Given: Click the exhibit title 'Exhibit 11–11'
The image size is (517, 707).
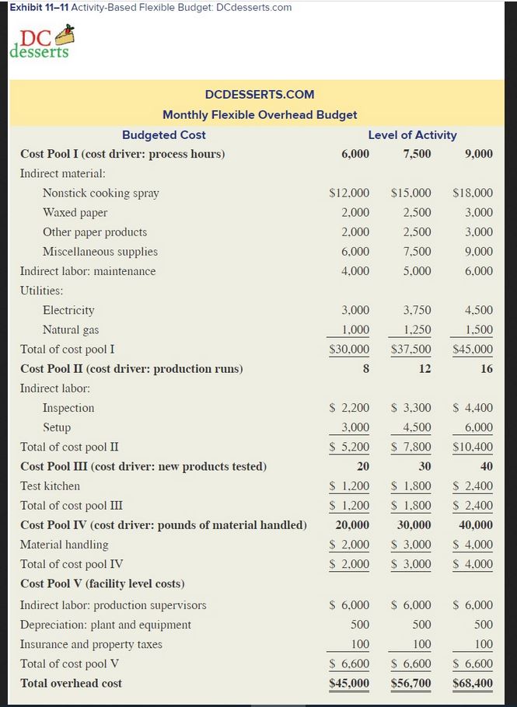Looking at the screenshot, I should (36, 7).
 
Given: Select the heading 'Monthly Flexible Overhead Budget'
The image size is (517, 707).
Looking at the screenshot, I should (260, 114).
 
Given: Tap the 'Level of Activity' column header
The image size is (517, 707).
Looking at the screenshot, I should (412, 134).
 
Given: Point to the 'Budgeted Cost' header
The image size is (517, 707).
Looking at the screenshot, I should (164, 134).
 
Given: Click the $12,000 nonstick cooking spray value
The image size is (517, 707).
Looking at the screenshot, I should (349, 193).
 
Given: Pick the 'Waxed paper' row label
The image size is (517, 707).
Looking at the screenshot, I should (75, 212).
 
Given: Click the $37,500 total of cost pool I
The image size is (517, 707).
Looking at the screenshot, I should (411, 349).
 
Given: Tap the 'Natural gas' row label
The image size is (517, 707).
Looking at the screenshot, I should (71, 329).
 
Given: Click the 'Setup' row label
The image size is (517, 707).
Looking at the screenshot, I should (57, 427).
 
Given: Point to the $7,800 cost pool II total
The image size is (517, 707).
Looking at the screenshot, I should (411, 447).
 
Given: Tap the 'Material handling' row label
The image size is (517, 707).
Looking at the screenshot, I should (65, 545).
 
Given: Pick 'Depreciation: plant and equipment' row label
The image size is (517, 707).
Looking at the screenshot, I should (106, 625).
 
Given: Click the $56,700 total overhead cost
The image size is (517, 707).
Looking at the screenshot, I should (411, 684).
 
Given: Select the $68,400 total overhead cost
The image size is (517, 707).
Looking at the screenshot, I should (472, 684).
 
